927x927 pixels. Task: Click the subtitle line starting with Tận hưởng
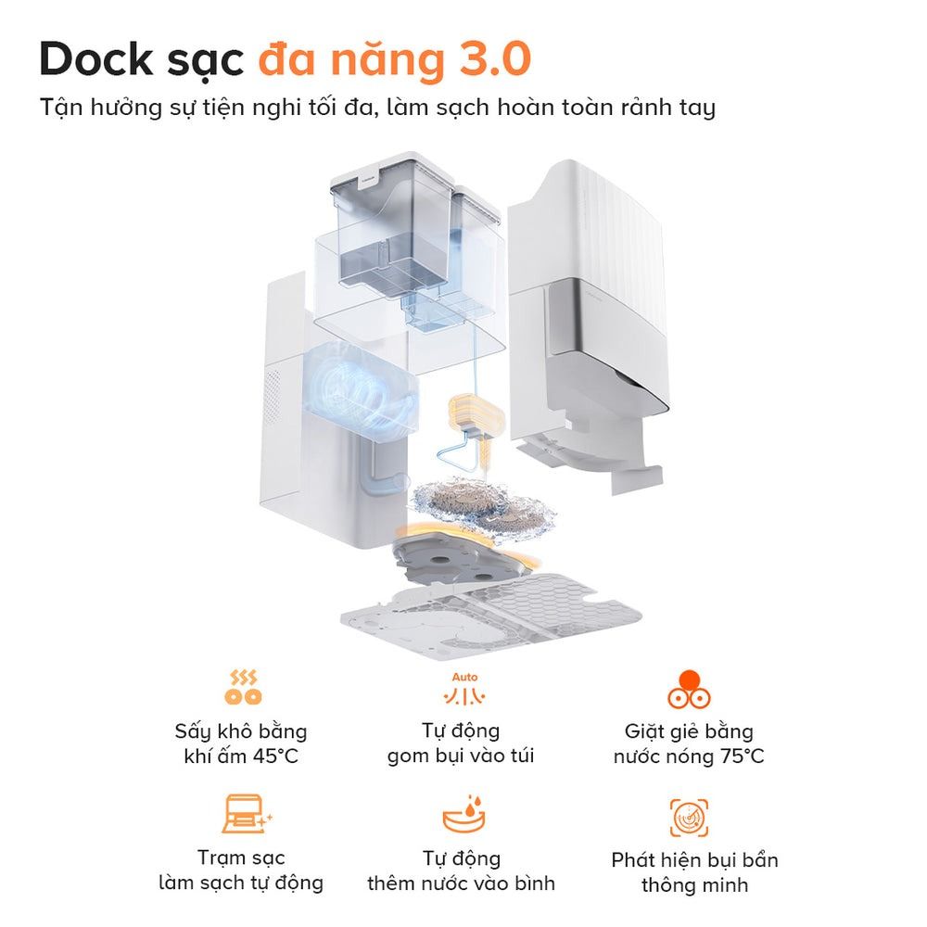click(377, 108)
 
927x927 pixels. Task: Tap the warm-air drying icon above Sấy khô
click(242, 687)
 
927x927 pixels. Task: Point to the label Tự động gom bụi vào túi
click(461, 743)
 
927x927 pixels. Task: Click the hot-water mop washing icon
click(689, 689)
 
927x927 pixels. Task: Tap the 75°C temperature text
click(741, 756)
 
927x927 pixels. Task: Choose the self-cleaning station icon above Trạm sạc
click(244, 813)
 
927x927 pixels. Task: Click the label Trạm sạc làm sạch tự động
click(241, 870)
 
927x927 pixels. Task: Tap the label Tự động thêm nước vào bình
click(461, 870)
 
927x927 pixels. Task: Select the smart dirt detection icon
click(689, 817)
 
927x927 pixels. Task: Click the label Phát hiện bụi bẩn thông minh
click(694, 871)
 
